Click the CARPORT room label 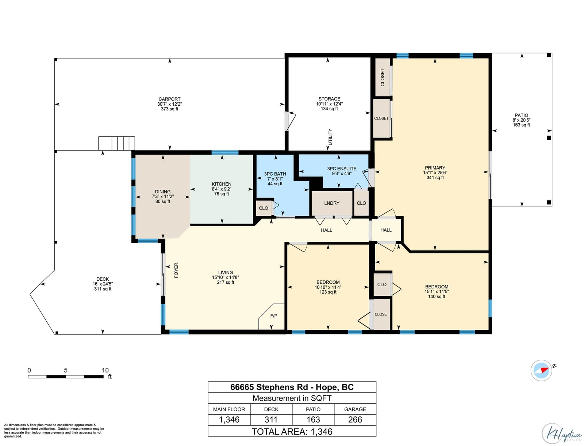pos(169,99)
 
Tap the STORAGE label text pos(329,99)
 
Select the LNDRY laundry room pos(332,203)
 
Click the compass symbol pos(541,370)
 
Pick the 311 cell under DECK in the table pos(271,420)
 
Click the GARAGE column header pos(355,409)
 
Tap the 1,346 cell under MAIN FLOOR pos(229,420)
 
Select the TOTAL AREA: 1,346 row pos(292,431)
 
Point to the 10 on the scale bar pos(105,370)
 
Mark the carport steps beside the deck pos(116,143)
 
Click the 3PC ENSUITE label pos(342,169)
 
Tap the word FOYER pos(176,270)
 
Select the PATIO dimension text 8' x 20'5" pos(521,120)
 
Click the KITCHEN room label pos(221,184)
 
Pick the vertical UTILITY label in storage pos(330,137)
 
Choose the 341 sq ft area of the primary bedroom pos(435,177)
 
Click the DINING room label pos(162,192)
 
